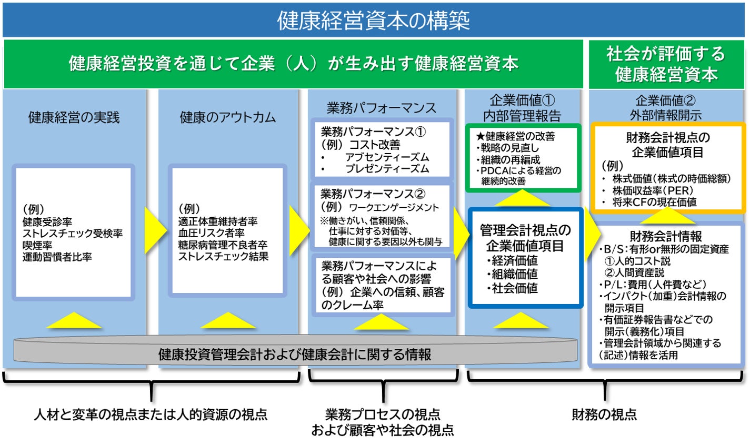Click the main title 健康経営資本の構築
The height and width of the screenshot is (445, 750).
coord(374,21)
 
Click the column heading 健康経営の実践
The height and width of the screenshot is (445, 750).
coord(74,117)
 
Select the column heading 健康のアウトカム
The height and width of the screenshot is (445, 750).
coord(227,117)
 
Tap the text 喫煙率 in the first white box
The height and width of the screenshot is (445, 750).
coord(37,245)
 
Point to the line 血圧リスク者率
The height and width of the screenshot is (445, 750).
coord(211,233)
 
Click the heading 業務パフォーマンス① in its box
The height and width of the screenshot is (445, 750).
coord(373,132)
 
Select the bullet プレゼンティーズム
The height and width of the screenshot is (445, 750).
coord(387,169)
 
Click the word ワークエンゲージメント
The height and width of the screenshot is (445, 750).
coord(394,207)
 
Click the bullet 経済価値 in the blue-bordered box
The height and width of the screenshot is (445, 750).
coord(514,260)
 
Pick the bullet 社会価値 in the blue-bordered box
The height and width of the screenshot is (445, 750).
coord(514,288)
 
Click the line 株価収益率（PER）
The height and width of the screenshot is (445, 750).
coord(653,190)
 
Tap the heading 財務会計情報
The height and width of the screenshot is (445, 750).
coord(666,236)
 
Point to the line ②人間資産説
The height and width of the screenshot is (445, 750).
coord(634,272)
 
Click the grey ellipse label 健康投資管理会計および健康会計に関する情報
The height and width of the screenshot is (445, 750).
coord(295,354)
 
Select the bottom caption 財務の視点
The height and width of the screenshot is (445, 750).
coord(604,414)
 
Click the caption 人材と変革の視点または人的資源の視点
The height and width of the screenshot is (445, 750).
coord(151,414)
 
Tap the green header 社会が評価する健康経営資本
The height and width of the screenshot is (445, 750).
coord(666,64)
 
